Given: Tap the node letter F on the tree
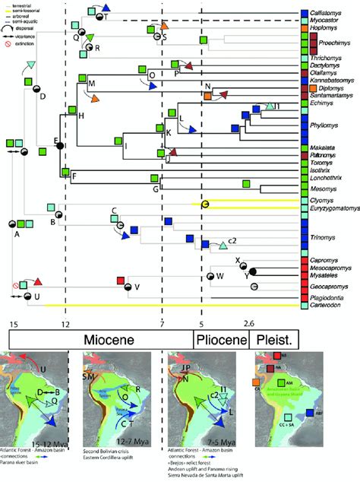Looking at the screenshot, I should tap(74, 177).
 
